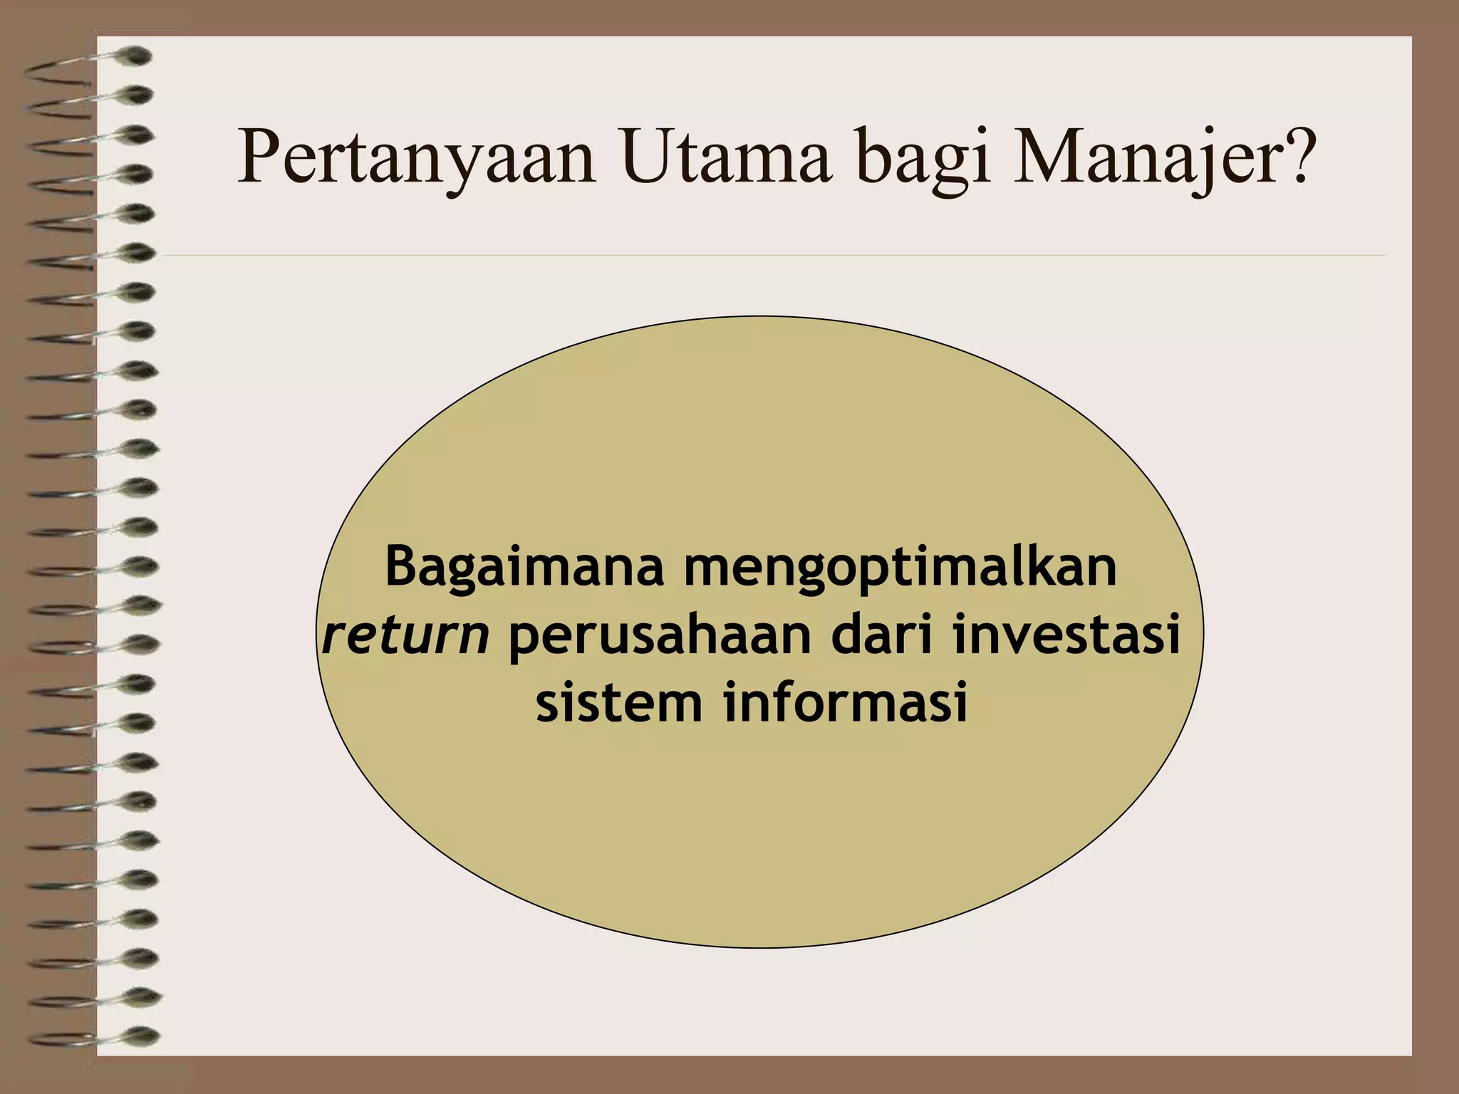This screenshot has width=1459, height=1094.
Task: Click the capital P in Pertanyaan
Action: (257, 158)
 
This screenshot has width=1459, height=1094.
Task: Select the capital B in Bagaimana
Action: (400, 567)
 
